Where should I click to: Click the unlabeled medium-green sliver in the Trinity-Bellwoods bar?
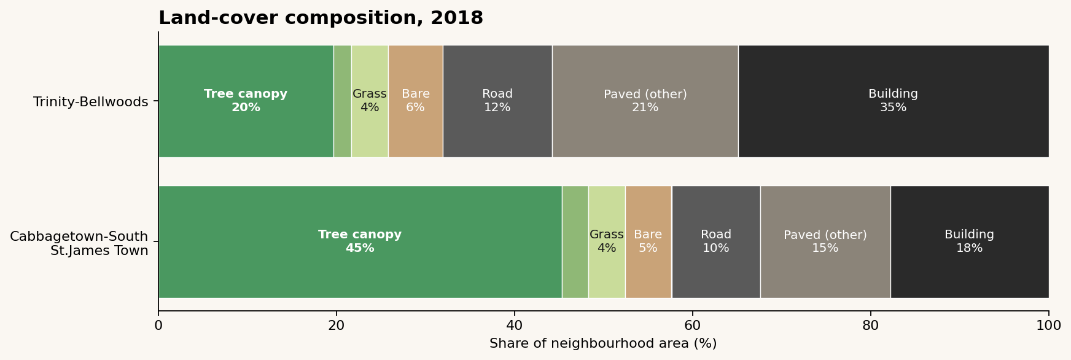342,101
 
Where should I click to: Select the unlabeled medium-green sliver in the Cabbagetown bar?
575,241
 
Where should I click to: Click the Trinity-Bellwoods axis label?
91,101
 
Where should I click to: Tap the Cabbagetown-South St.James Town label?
79,243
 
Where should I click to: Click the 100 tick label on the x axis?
1048,326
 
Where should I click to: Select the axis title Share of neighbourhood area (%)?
602,343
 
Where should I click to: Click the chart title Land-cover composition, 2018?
321,18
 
